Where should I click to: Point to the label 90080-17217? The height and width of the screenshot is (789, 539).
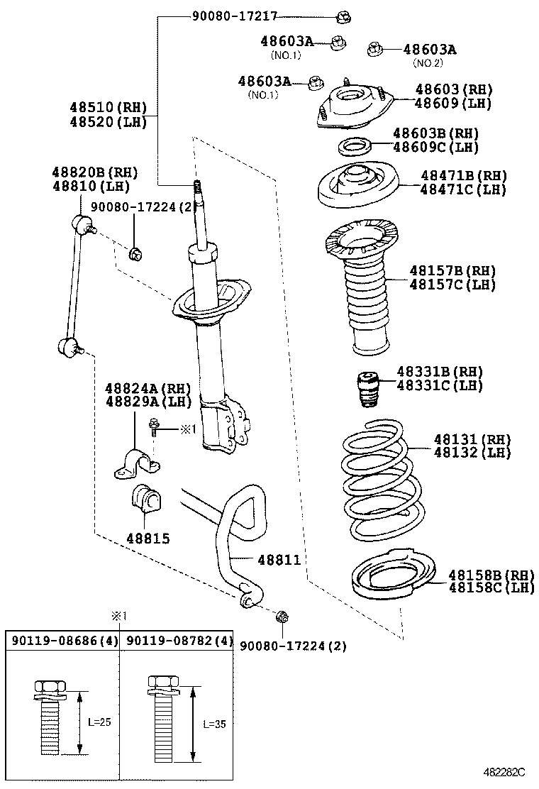[x=234, y=15]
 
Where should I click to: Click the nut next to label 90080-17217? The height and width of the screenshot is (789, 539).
[x=345, y=16]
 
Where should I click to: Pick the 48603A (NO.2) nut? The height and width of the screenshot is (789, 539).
[x=374, y=49]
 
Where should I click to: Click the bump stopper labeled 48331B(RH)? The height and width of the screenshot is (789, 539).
[x=367, y=390]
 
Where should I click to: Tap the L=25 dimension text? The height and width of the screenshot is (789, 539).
[x=99, y=722]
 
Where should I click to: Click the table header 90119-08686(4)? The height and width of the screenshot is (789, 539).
[x=62, y=640]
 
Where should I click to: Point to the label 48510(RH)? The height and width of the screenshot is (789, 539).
[x=107, y=108]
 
